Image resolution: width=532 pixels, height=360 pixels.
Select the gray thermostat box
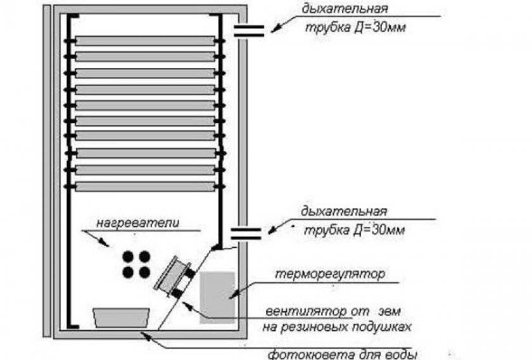[x=217, y=297]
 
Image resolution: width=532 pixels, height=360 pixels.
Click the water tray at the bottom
[x=121, y=317]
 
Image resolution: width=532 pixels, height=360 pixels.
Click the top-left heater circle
[x=128, y=257]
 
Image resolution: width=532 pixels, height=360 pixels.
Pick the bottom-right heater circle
[x=144, y=273]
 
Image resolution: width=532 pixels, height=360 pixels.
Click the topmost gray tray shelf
[x=145, y=41]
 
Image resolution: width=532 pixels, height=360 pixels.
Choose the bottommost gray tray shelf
[x=145, y=186]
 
